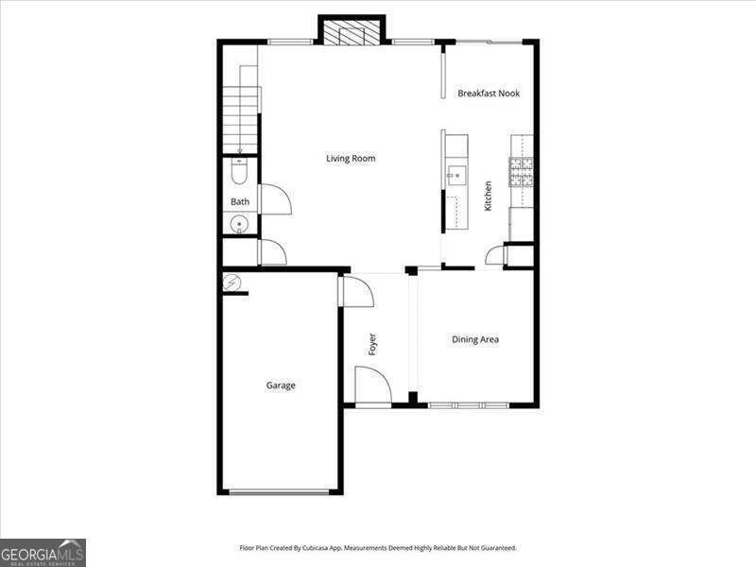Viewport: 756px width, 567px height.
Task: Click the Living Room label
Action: pyautogui.click(x=351, y=159)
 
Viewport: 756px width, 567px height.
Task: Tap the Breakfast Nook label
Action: pyautogui.click(x=489, y=94)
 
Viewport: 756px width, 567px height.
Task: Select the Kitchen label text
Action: pyautogui.click(x=488, y=196)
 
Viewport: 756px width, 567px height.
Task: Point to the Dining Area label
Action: pyautogui.click(x=475, y=340)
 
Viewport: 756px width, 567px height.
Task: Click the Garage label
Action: pyautogui.click(x=281, y=386)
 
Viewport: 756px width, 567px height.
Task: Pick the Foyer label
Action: pyautogui.click(x=372, y=344)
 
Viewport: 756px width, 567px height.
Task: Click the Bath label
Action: pyautogui.click(x=240, y=202)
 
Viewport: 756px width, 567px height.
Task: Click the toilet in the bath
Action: pyautogui.click(x=239, y=173)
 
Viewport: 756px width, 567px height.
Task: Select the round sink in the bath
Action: pyautogui.click(x=240, y=225)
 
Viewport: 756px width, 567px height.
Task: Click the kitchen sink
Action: pyautogui.click(x=456, y=174)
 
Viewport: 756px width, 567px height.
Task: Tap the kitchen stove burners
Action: pyautogui.click(x=521, y=172)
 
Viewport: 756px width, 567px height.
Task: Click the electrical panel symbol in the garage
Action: pyautogui.click(x=232, y=283)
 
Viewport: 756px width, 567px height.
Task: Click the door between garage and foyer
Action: pyautogui.click(x=356, y=291)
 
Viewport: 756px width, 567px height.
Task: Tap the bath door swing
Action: pyautogui.click(x=274, y=199)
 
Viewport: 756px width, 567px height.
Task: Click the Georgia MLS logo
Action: pyautogui.click(x=43, y=552)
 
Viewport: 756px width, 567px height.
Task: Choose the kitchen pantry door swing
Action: pyautogui.click(x=495, y=255)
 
